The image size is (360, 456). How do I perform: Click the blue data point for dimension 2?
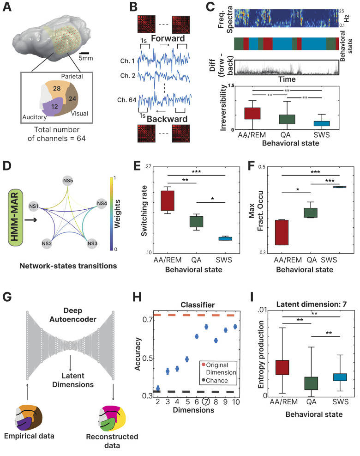158,389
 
